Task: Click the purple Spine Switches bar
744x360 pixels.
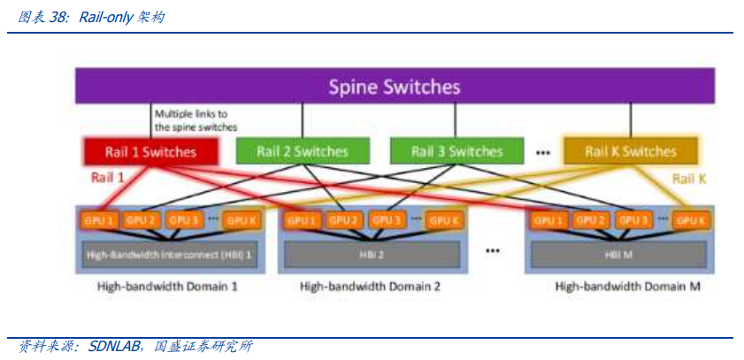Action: coord(395,87)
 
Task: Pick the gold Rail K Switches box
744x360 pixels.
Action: coord(630,152)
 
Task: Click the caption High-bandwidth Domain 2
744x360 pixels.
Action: coord(370,287)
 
